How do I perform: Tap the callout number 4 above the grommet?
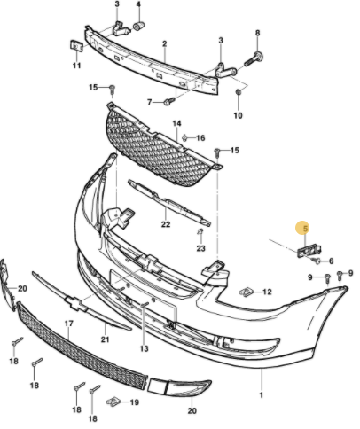(138, 4)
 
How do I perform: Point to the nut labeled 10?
(239, 92)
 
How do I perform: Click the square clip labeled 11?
(76, 46)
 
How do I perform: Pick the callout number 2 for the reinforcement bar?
(165, 43)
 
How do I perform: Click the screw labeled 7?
(169, 102)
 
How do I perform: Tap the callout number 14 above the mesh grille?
(176, 123)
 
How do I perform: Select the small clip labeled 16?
(185, 137)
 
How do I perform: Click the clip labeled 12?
(247, 292)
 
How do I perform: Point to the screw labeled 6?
(317, 261)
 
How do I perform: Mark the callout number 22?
(166, 224)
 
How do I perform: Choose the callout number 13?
(144, 348)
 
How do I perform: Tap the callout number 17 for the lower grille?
(68, 324)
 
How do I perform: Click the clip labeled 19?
(113, 402)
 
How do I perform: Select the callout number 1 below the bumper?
(261, 394)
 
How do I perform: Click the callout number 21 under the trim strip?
(106, 339)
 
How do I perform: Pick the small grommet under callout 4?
(138, 27)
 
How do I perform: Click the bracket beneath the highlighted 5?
(309, 251)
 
